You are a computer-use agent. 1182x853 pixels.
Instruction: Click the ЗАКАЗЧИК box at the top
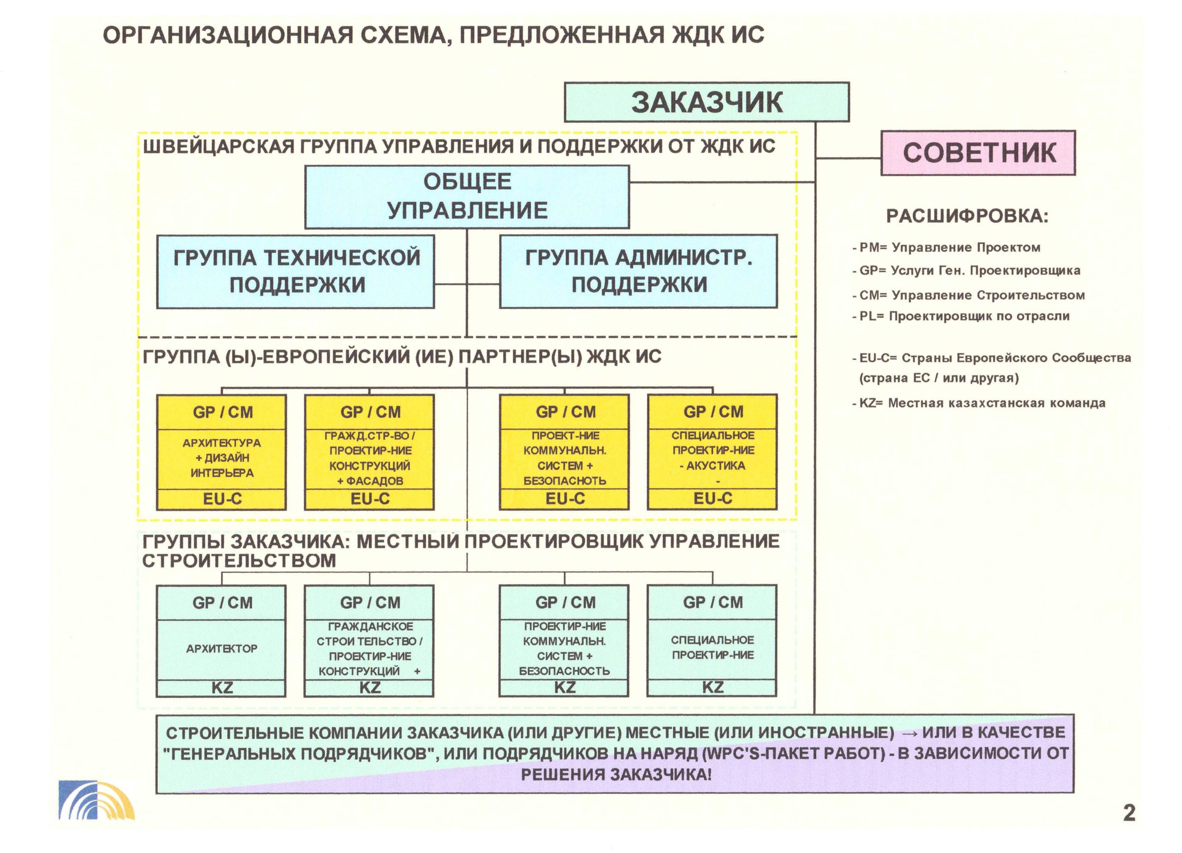(707, 102)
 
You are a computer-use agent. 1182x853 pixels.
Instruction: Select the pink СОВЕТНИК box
(978, 153)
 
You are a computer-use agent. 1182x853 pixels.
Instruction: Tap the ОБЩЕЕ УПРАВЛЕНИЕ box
(467, 197)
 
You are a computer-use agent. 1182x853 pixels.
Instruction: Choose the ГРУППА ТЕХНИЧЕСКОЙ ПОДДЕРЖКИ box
(295, 272)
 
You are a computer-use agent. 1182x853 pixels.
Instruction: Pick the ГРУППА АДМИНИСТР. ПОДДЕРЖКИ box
(639, 271)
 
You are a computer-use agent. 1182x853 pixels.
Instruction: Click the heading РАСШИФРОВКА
(967, 216)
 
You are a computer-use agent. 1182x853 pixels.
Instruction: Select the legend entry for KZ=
(979, 403)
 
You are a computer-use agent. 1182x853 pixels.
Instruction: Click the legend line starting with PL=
(960, 316)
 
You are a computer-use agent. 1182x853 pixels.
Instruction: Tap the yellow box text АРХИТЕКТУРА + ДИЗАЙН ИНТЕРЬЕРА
(222, 458)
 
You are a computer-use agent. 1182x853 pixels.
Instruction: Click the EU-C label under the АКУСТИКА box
(712, 498)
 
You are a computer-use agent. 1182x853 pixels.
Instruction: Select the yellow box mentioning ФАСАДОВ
(369, 452)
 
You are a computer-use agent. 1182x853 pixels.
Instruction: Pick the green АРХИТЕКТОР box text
(222, 648)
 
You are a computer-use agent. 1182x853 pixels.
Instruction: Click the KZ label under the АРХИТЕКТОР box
(222, 688)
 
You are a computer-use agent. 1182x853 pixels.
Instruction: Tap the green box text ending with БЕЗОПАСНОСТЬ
(564, 648)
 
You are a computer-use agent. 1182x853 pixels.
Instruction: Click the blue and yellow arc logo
(96, 800)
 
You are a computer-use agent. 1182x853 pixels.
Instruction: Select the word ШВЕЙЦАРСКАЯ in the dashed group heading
(218, 146)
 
